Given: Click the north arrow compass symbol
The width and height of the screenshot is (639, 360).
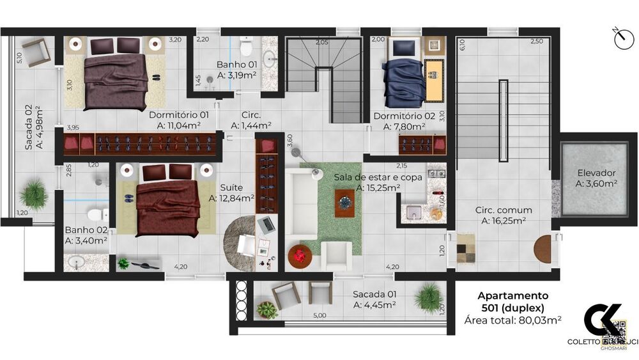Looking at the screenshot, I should click(x=622, y=38).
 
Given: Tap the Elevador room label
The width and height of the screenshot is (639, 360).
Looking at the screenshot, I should click(x=596, y=173).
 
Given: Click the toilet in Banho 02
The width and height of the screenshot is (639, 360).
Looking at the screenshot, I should click(x=95, y=214).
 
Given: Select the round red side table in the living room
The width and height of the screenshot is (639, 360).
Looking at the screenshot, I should click(x=300, y=256).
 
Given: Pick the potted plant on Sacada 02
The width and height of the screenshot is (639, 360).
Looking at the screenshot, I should click(x=33, y=195).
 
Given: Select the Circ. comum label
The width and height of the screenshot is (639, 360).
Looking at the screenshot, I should click(x=503, y=210).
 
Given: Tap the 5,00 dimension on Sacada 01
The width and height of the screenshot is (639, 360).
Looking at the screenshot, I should click(x=319, y=315).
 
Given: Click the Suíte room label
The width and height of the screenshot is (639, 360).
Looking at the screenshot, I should click(x=231, y=187).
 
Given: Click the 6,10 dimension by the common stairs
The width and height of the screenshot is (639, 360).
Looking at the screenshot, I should click(x=462, y=46).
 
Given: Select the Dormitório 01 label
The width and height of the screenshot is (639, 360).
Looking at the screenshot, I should click(x=179, y=115).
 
